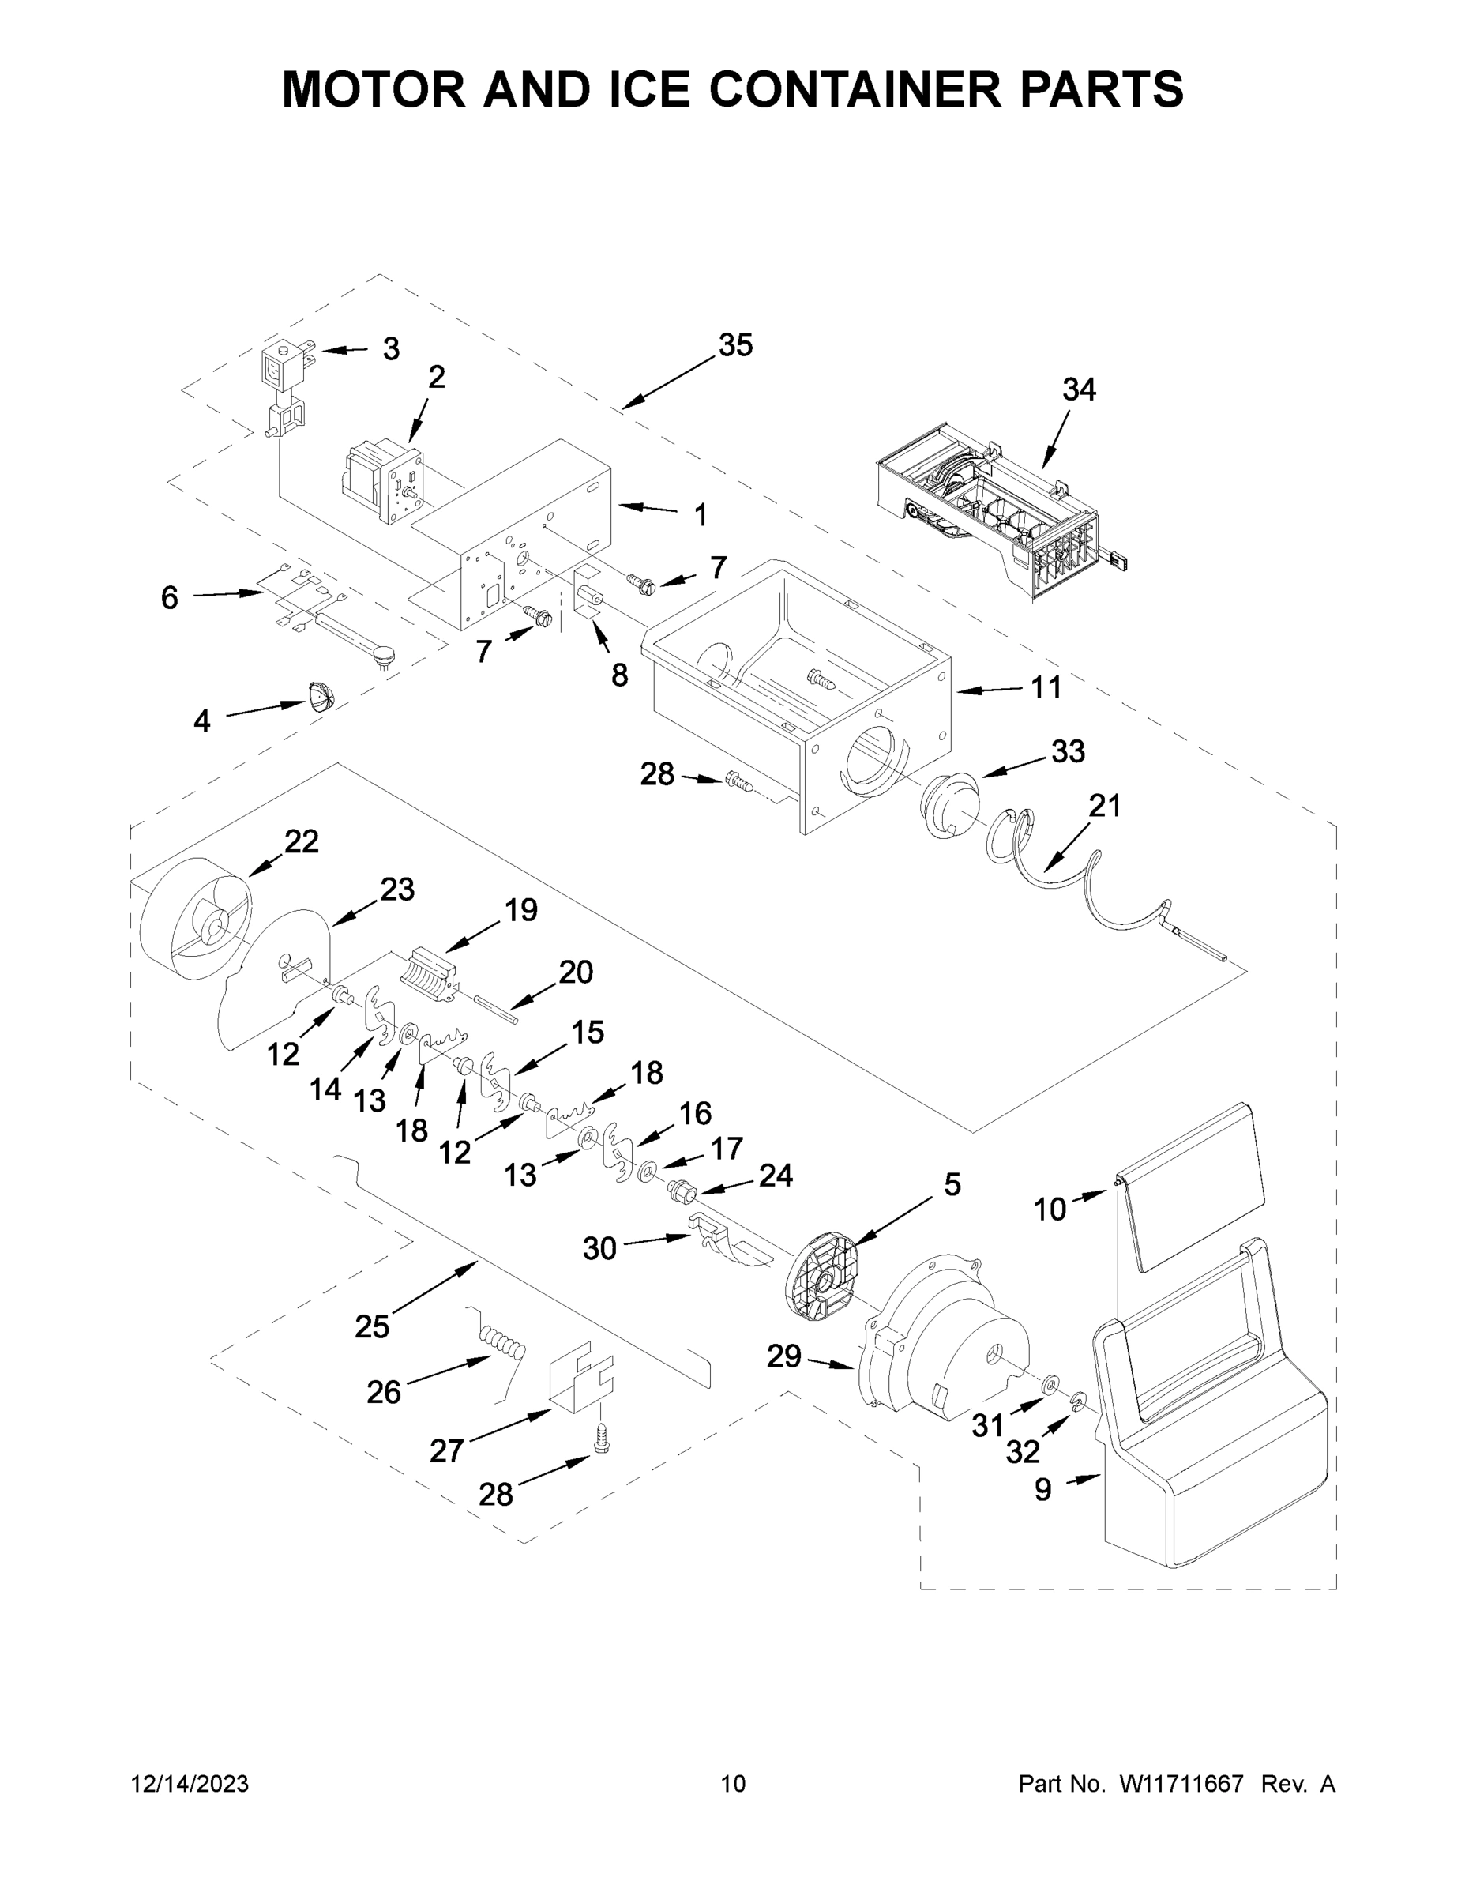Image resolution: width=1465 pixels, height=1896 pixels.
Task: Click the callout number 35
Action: point(735,345)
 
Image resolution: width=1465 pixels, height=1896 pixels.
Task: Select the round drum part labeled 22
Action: point(195,920)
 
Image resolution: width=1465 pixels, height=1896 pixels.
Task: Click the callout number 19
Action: point(520,910)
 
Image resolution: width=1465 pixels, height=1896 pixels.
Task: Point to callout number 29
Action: point(783,1355)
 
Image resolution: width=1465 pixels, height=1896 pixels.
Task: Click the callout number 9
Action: point(1043,1490)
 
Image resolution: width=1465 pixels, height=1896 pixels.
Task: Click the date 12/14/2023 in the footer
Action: point(190,1783)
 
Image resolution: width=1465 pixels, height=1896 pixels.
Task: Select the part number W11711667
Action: point(1181,1783)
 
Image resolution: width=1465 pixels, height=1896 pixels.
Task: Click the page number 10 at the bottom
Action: point(734,1783)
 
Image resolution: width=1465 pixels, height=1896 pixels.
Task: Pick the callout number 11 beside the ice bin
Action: point(1046,687)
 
